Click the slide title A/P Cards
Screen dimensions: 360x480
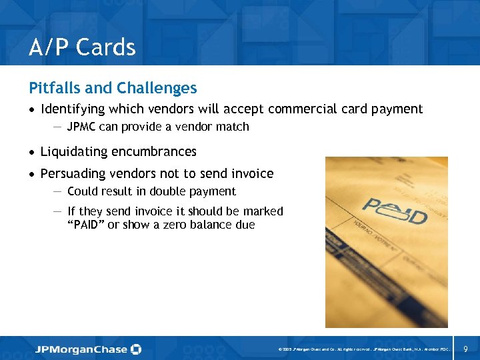82,47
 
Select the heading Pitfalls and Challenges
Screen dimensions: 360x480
113,88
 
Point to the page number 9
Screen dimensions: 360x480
465,349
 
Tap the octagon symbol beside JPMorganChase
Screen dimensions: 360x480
136,349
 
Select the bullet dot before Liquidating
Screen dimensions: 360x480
32,153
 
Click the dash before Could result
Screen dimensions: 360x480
57,191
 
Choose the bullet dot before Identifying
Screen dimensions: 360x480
32,110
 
